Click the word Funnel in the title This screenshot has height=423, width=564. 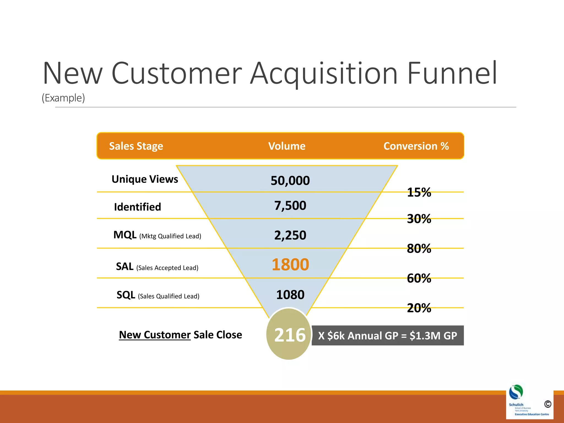point(452,73)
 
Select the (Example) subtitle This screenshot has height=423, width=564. point(63,98)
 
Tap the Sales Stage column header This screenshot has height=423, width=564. point(136,146)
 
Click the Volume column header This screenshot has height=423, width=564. point(287,146)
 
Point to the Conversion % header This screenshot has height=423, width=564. point(416,146)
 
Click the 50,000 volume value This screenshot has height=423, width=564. point(290,181)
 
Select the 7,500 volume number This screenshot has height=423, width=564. point(290,206)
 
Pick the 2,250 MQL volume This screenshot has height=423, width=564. point(290,235)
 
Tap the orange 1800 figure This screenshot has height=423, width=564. point(290,265)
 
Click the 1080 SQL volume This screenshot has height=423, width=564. point(290,295)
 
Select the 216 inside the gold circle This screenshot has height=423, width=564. point(290,335)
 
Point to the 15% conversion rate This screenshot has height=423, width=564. point(419,192)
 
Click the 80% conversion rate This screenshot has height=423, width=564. point(419,249)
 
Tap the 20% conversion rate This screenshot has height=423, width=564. point(419,308)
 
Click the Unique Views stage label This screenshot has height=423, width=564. point(145,179)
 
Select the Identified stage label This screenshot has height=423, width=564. point(137,207)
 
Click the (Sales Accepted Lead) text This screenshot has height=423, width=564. point(167,268)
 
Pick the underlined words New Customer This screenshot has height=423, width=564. point(155,335)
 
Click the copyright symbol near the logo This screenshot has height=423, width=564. point(547,404)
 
